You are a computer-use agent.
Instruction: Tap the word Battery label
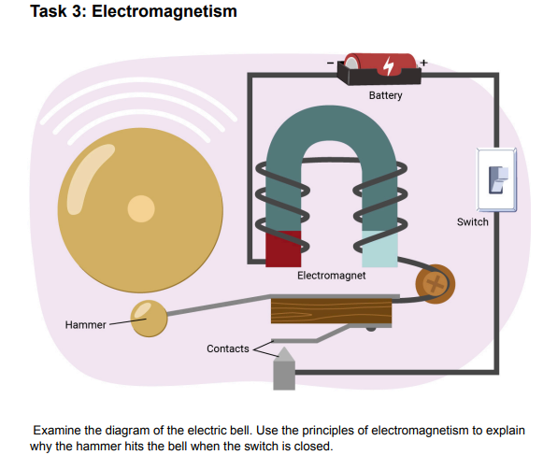pos(385,95)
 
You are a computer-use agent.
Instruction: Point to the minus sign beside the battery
pos(330,63)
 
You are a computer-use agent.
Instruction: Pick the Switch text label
pos(472,221)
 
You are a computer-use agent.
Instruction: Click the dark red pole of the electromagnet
pos(283,248)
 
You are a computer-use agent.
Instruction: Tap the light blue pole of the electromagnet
pos(380,248)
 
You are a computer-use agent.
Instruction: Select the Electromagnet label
pos(332,277)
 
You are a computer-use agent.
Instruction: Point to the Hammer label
pos(84,325)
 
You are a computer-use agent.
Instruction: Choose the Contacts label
pos(228,348)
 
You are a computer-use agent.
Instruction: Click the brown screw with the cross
pos(433,281)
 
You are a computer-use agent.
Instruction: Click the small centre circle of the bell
pos(141,208)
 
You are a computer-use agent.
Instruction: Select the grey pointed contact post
pos(284,370)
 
